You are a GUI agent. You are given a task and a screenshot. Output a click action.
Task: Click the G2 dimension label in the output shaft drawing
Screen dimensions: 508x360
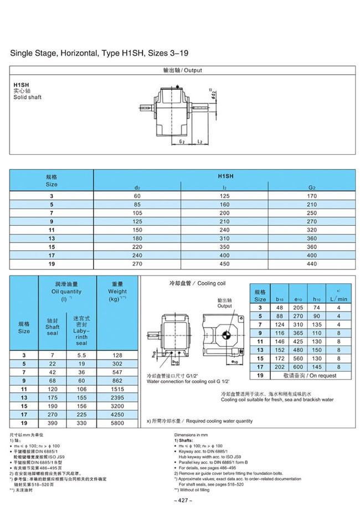(181, 142)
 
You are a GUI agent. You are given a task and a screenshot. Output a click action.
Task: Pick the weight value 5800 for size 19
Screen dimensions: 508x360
(117, 423)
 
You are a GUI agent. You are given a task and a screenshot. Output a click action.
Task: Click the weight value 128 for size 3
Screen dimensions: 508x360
(117, 354)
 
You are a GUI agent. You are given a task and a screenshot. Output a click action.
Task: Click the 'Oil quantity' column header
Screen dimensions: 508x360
(66, 291)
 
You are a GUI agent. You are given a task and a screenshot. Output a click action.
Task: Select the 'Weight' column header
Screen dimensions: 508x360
(117, 291)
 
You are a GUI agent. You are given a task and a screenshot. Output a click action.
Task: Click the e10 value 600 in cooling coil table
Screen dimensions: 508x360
(299, 366)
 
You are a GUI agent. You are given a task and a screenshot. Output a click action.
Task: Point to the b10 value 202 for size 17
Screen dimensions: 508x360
(279, 366)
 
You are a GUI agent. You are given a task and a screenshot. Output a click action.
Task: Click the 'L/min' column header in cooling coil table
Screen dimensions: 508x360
(338, 298)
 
